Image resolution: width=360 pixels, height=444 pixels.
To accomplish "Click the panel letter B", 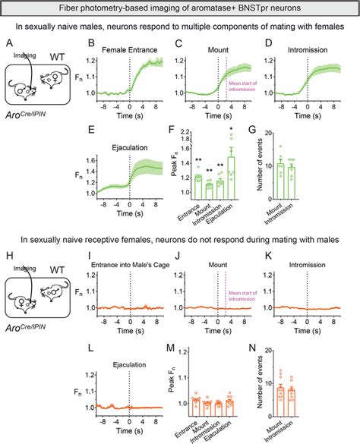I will point(90,45).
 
